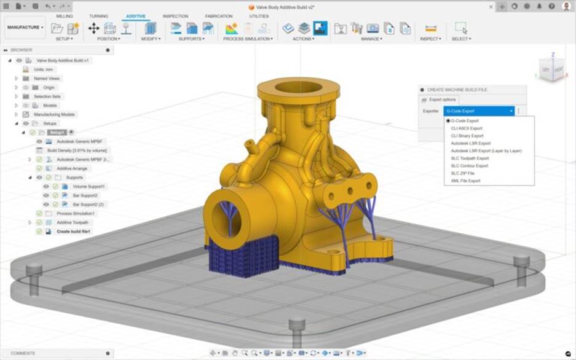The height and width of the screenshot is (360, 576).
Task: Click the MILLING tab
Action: pos(65,16)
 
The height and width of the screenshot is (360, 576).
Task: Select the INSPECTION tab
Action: pos(175,16)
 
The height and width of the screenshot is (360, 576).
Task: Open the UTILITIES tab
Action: pos(259,16)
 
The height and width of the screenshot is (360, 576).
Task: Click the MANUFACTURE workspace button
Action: pos(25,28)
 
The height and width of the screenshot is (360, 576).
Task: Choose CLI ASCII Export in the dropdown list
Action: pos(465,128)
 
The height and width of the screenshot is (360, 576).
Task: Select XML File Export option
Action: pos(465,181)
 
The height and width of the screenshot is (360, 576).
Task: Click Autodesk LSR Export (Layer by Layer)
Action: pos(486,151)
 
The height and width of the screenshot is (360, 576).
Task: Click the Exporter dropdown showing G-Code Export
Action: pos(478,111)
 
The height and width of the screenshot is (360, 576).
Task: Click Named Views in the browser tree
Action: pos(47,79)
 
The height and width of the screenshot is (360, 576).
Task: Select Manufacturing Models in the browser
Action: pos(54,114)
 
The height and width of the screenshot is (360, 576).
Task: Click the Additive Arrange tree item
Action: pos(72,168)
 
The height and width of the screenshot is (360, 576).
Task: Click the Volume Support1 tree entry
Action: pos(89,186)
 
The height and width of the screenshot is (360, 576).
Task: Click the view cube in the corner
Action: pos(551,69)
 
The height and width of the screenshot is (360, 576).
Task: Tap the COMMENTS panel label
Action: pos(23,353)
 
